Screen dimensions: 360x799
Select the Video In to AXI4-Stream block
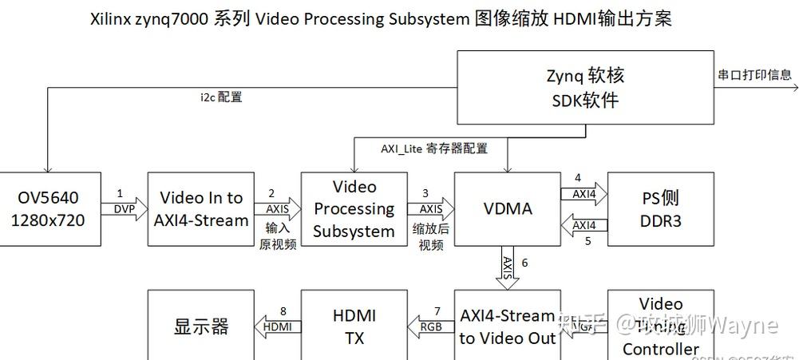pyautogui.click(x=201, y=209)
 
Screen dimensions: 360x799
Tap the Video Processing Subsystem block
pyautogui.click(x=354, y=209)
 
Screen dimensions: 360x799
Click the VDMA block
pyautogui.click(x=508, y=209)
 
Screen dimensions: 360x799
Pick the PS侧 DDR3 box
pyautogui.click(x=661, y=209)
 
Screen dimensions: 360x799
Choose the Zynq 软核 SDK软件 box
pyautogui.click(x=585, y=89)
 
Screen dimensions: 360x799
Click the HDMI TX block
pyautogui.click(x=354, y=326)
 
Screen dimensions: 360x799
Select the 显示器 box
pyautogui.click(x=201, y=326)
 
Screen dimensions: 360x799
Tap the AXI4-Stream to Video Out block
pyautogui.click(x=508, y=326)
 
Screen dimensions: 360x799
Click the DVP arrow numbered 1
pyautogui.click(x=125, y=210)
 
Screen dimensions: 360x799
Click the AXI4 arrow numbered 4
pyautogui.click(x=583, y=193)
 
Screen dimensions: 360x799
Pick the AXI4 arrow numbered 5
pyautogui.click(x=583, y=226)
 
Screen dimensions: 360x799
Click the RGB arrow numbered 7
pyautogui.click(x=431, y=326)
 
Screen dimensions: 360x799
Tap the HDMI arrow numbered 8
pyautogui.click(x=278, y=326)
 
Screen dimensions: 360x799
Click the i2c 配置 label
pyautogui.click(x=221, y=98)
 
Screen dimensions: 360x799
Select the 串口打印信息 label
pyautogui.click(x=754, y=75)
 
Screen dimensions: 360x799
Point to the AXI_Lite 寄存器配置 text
pyautogui.click(x=433, y=148)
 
